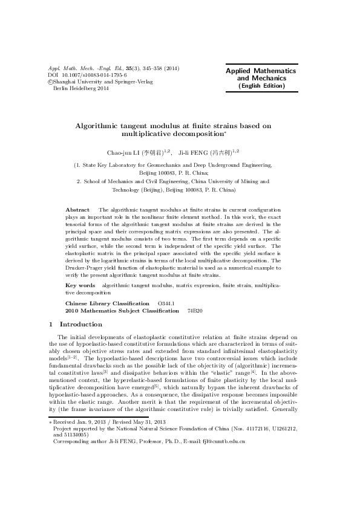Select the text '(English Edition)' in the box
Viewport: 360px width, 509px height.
coord(261,86)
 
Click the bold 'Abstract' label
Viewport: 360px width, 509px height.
coord(77,192)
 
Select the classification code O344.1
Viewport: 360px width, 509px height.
coord(166,303)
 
